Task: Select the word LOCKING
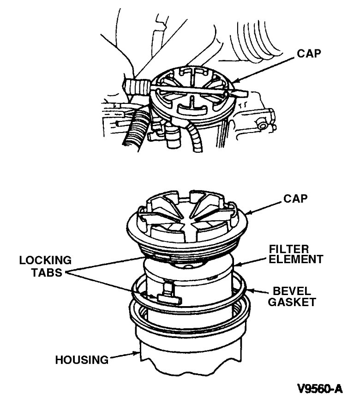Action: coord(45,260)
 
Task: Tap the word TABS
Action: coord(45,272)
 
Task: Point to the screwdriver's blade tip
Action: coord(243,94)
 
